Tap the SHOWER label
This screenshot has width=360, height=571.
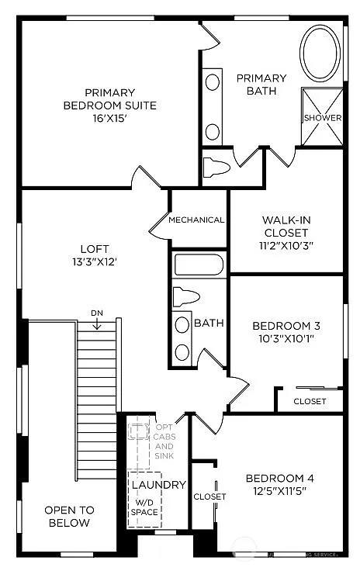322,118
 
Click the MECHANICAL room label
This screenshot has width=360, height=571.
196,220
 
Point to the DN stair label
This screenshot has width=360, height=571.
97,313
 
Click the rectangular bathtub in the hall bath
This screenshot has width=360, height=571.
199,265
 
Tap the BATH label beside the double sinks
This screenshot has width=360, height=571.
209,323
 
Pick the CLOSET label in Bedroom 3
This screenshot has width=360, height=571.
310,401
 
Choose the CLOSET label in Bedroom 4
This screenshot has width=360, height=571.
209,497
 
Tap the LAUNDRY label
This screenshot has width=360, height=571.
158,485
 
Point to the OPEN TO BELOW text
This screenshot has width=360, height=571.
69,516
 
